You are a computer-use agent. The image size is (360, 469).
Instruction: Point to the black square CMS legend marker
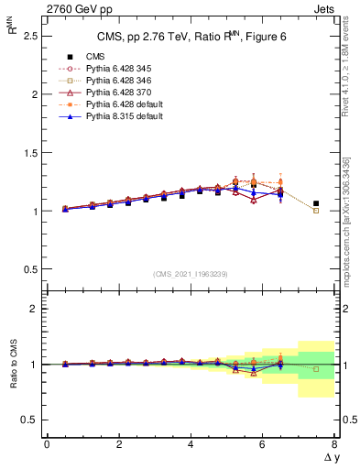coord(67,57)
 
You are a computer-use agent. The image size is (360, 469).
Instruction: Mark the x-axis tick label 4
coord(190,444)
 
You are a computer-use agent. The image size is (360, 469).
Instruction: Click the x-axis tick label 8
coord(333,444)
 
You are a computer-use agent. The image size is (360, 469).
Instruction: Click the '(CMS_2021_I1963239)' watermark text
coord(190,273)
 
